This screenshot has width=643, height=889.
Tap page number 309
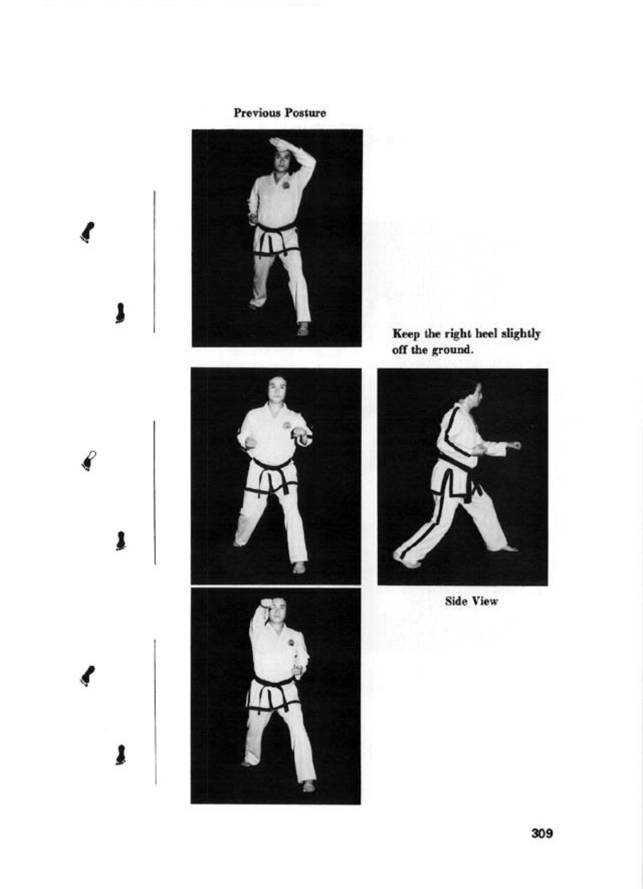click(x=542, y=833)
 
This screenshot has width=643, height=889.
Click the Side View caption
click(x=471, y=601)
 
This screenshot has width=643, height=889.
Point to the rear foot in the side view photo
click(x=407, y=561)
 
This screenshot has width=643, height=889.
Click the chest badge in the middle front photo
click(x=287, y=426)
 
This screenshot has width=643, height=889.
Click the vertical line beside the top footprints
click(x=154, y=261)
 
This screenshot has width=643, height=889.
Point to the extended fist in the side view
click(x=516, y=444)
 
